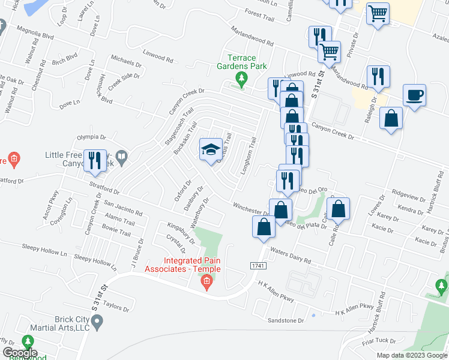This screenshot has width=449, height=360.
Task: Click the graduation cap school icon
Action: (211, 149)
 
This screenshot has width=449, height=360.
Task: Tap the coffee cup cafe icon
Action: (415, 95)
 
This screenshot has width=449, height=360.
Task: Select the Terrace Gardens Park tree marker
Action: (241, 78)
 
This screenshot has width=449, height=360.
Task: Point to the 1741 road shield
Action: (258, 265)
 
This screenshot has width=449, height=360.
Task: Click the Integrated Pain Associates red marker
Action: (207, 281)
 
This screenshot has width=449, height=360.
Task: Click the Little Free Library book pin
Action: (121, 158)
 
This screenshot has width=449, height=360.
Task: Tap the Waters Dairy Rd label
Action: (291, 256)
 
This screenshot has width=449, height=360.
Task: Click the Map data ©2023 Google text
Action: (411, 355)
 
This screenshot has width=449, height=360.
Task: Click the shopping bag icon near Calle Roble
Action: (339, 209)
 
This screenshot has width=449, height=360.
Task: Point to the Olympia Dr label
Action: (91, 137)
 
